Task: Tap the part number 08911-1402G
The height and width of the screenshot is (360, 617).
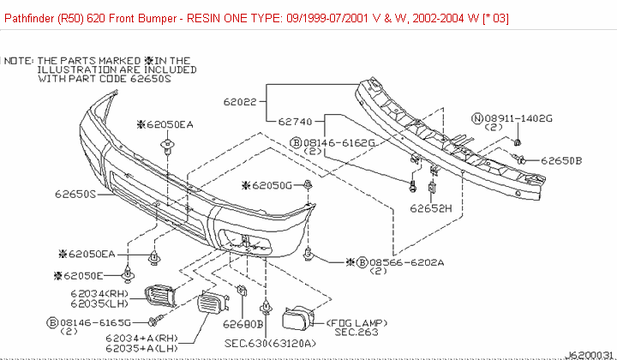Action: tap(518, 117)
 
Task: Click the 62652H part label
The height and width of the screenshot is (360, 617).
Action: tap(430, 207)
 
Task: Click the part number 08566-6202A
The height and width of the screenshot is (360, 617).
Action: tap(402, 261)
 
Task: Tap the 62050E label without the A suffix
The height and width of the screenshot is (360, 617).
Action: tap(82, 275)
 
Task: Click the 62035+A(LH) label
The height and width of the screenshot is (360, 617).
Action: tap(141, 349)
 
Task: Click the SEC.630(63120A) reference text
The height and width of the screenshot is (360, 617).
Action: tap(270, 343)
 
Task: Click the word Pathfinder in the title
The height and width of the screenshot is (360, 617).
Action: tap(33, 17)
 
